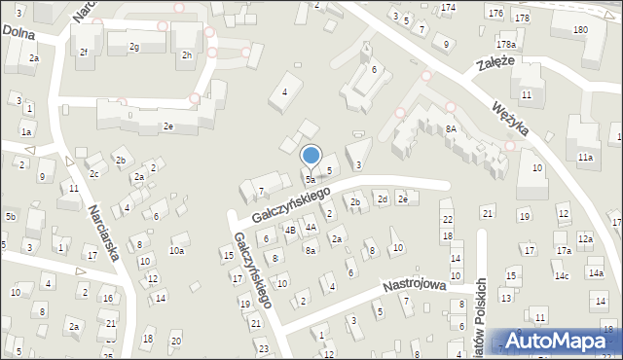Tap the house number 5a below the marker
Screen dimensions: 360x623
pyautogui.click(x=311, y=180)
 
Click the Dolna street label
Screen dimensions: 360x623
pyautogui.click(x=18, y=31)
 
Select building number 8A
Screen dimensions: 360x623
pyautogui.click(x=452, y=127)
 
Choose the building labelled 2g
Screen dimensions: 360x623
pyautogui.click(x=134, y=47)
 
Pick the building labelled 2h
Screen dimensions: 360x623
pyautogui.click(x=186, y=54)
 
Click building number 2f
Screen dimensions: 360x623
pyautogui.click(x=84, y=52)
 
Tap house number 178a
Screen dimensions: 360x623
pyautogui.click(x=504, y=45)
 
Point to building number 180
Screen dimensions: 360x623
pyautogui.click(x=580, y=30)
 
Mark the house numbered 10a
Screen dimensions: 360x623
pyautogui.click(x=176, y=250)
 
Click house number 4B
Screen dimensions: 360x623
pyautogui.click(x=289, y=230)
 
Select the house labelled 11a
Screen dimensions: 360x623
pyautogui.click(x=584, y=157)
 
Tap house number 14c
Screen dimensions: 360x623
pyautogui.click(x=562, y=275)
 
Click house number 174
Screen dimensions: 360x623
pyautogui.click(x=447, y=8)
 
